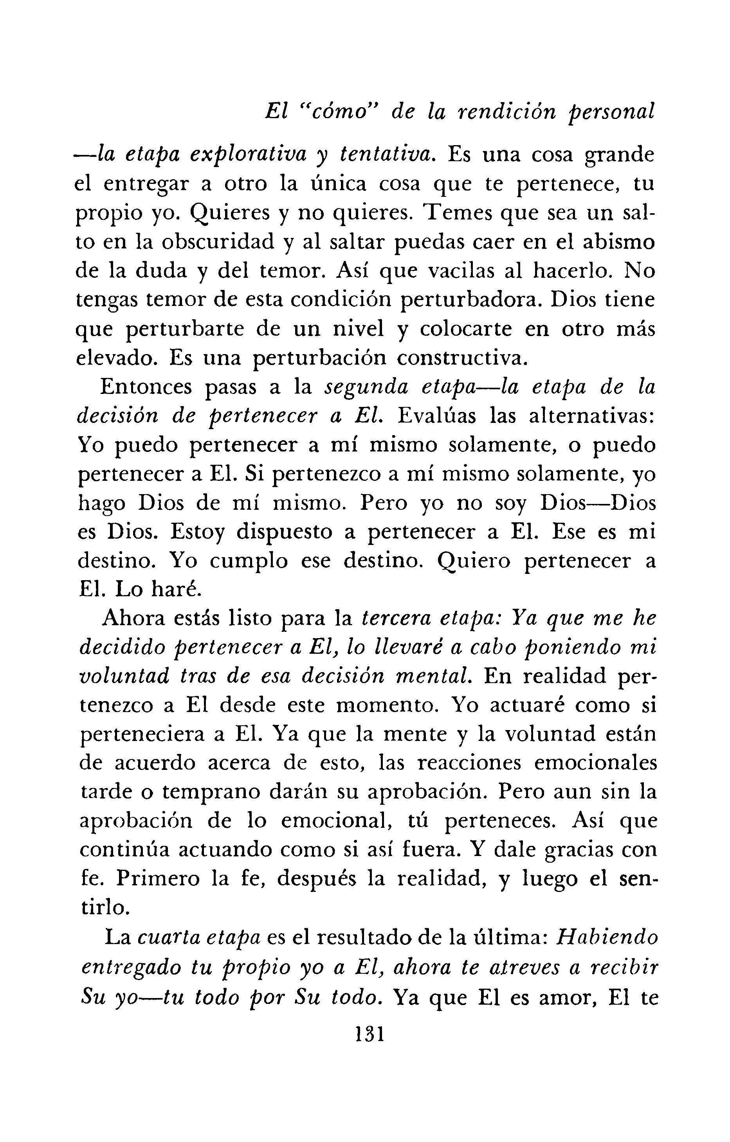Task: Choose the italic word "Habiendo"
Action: pyautogui.click(x=605, y=937)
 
